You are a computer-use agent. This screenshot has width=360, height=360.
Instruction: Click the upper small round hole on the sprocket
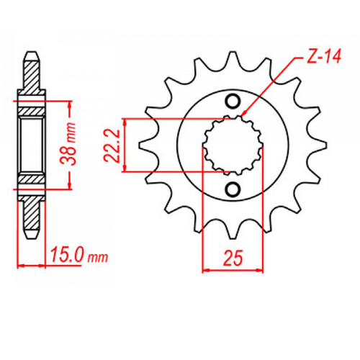coord(232,101)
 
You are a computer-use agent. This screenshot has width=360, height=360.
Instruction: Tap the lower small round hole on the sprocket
coord(232,189)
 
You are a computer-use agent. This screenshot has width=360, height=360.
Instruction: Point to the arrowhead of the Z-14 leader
coord(243,115)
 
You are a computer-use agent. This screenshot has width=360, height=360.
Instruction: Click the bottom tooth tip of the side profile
coord(31,235)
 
